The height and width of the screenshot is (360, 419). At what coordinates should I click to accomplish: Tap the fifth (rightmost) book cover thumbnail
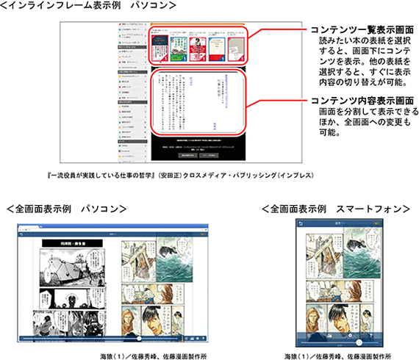tap(234, 48)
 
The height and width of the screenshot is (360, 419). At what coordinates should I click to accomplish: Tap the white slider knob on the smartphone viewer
tap(358, 342)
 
